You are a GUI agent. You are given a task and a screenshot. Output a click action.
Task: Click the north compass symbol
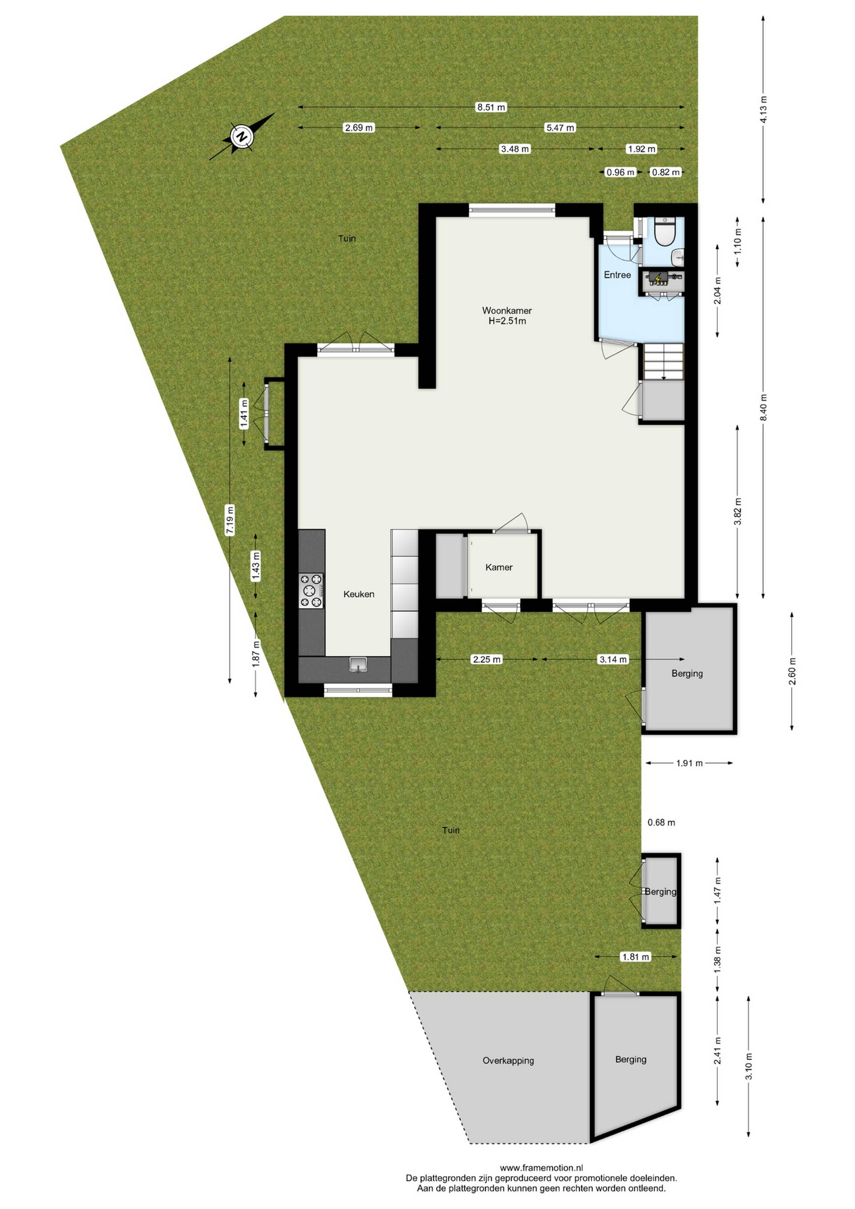click(242, 136)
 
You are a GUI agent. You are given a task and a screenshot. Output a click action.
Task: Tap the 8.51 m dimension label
click(491, 107)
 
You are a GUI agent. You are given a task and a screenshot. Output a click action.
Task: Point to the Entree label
click(617, 275)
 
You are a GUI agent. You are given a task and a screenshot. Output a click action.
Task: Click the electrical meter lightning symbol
click(658, 277)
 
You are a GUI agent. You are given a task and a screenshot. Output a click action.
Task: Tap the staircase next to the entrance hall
click(664, 361)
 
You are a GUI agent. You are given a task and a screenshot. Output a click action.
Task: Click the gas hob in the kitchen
click(311, 590)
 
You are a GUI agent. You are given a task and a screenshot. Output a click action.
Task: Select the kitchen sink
click(358, 665)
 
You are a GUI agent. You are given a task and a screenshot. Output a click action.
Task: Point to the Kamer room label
click(499, 567)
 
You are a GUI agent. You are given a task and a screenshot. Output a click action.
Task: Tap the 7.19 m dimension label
click(229, 520)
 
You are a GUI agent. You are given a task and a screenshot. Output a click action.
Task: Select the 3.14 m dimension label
click(613, 659)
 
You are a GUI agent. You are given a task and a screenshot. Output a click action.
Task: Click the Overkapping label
click(508, 1061)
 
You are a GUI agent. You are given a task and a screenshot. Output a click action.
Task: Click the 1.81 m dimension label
click(636, 957)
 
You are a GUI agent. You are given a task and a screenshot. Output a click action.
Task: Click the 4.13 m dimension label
click(763, 109)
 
